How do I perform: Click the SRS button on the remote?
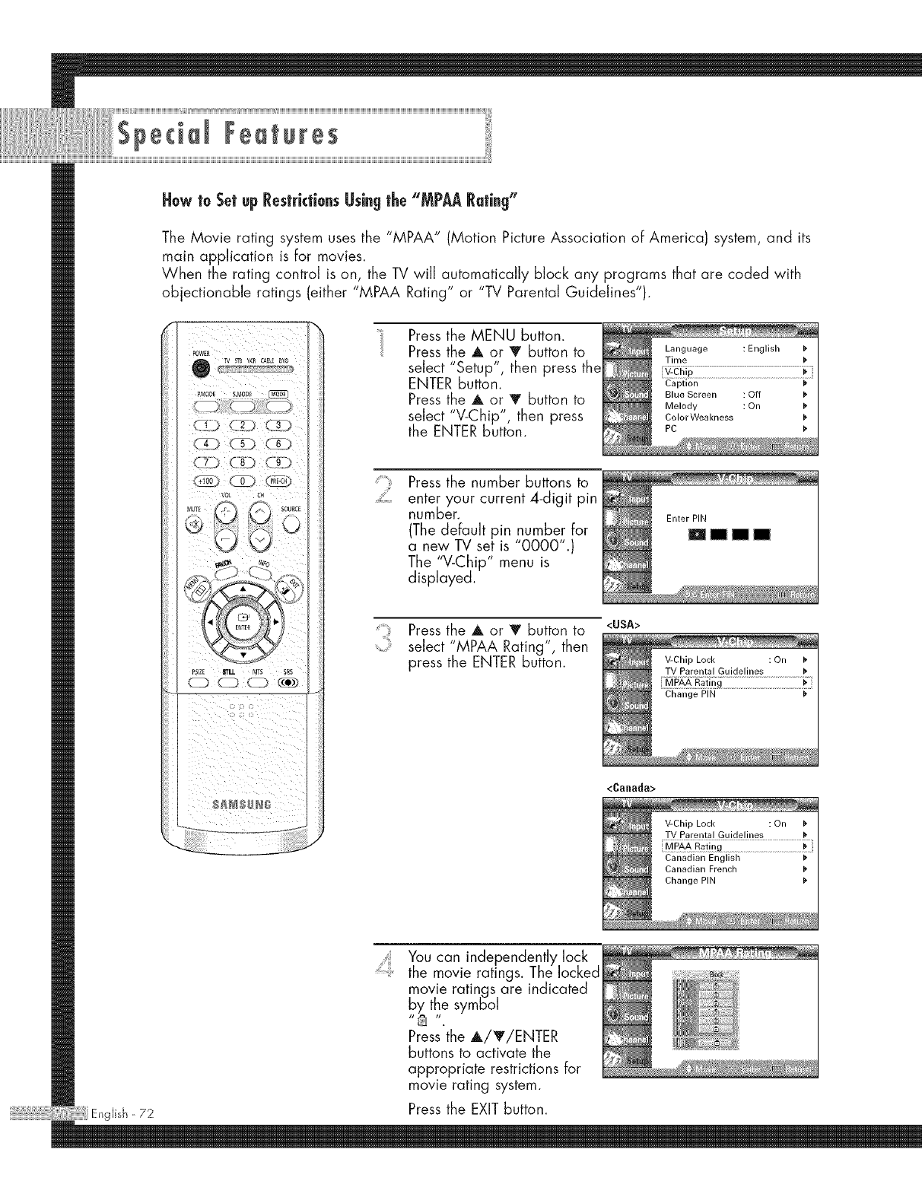[288, 680]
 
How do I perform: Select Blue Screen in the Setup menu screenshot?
[691, 395]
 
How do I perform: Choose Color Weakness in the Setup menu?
[698, 417]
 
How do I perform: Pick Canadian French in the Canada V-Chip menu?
[701, 869]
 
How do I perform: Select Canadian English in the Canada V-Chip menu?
[702, 858]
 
